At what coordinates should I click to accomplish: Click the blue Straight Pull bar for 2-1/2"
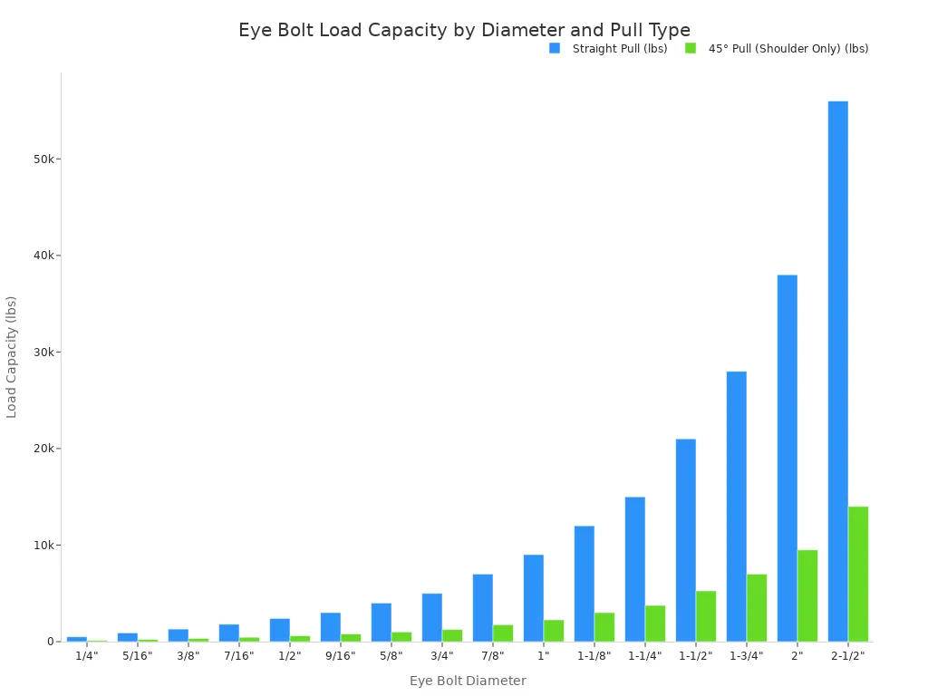pos(837,372)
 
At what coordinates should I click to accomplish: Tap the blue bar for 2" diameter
pos(787,458)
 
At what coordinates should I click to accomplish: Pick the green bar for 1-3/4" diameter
pos(757,607)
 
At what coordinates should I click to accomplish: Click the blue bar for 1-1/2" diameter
pos(685,540)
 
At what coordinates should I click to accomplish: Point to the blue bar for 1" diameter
pos(533,598)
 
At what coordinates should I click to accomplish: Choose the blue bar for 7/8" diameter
pos(482,607)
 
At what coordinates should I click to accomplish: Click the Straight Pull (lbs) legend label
pos(620,49)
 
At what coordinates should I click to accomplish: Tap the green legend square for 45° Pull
pos(691,48)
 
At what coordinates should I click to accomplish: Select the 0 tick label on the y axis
pos(51,642)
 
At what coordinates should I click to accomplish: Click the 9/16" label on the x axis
pos(340,656)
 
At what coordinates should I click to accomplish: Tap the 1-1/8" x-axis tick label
pos(594,656)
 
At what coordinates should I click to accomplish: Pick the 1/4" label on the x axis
pos(86,656)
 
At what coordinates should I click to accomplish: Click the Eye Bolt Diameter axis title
pos(467,681)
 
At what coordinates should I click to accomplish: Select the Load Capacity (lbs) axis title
pos(12,356)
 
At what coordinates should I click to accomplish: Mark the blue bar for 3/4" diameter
pos(431,617)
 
